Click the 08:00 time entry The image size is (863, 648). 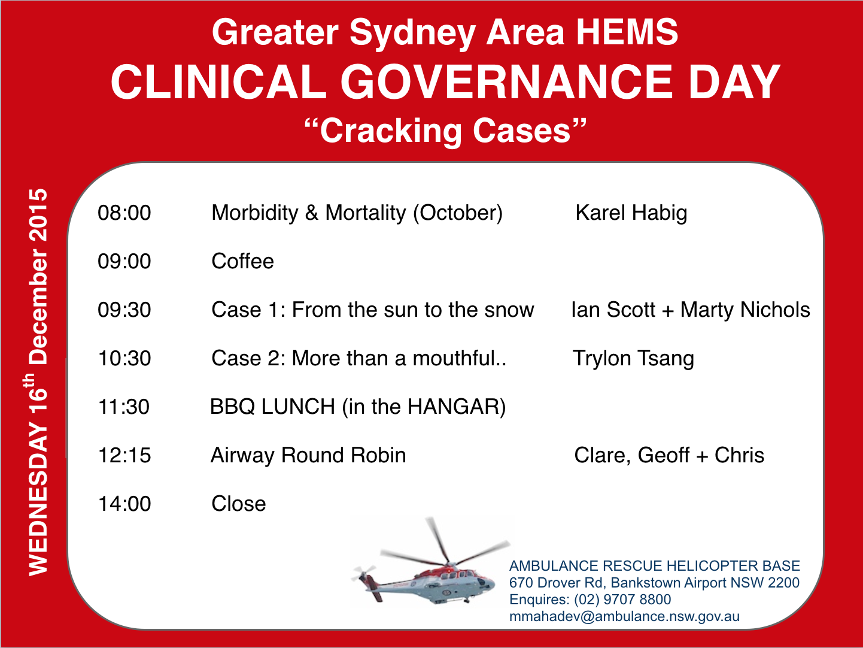pos(124,213)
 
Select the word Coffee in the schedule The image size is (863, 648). pos(242,261)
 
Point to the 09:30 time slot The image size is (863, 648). pos(124,310)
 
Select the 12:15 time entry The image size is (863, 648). pos(124,455)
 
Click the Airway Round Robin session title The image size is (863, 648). pos(308,456)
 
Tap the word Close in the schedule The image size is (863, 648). pos(239,504)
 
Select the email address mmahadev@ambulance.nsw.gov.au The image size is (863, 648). pos(624,616)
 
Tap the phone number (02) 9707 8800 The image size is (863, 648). pos(622,599)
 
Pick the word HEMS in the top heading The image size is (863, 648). pos(627,33)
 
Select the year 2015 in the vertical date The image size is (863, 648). pos(38,215)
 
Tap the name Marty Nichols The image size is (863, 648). pos(745,310)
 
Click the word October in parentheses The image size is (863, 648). pos(458,213)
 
